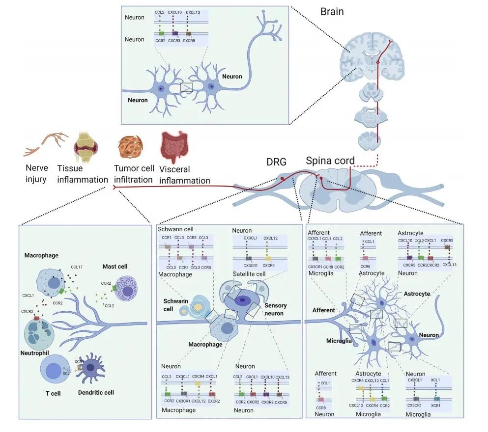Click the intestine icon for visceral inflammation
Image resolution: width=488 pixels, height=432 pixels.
[x=173, y=147]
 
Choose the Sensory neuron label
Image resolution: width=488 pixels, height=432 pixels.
[x=275, y=309]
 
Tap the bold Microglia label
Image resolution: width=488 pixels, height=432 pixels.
[x=340, y=340]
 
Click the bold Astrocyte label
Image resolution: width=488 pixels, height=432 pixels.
[x=417, y=294]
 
